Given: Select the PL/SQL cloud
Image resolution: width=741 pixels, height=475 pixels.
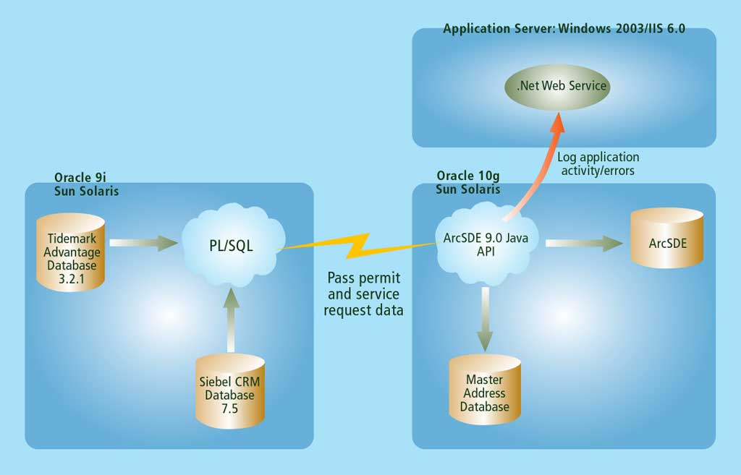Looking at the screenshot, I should pos(231,246).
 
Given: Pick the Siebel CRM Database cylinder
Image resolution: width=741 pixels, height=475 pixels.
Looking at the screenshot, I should pos(229,390).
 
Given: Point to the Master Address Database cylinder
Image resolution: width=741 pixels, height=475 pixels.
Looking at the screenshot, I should pos(484,393).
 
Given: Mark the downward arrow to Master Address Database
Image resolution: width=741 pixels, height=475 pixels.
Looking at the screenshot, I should pos(484,318).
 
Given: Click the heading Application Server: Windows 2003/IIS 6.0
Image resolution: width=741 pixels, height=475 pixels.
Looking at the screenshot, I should pos(564,30).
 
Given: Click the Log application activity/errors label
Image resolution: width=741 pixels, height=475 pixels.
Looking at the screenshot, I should pos(598,163).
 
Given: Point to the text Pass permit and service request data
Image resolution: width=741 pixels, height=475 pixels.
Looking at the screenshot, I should pos(363,295).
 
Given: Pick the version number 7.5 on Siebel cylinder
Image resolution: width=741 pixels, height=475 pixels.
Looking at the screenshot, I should pos(229,408).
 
